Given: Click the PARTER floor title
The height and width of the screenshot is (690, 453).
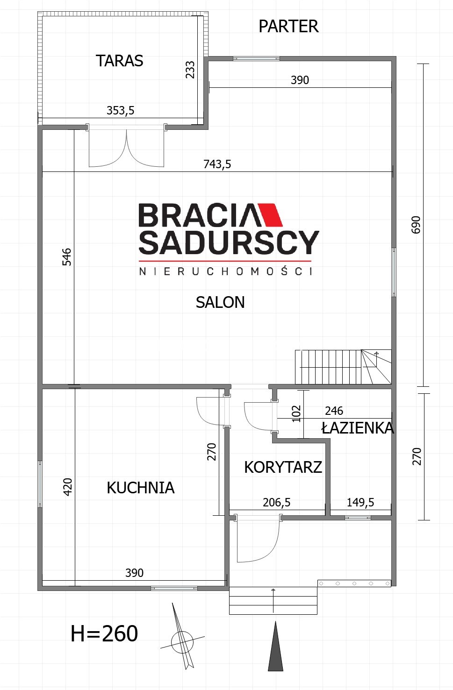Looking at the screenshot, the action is (288, 26).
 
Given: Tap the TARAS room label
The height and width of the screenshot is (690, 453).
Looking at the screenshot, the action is (120, 61).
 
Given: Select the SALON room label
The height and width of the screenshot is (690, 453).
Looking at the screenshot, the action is (220, 302).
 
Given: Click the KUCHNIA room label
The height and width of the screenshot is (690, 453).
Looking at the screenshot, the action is (141, 488).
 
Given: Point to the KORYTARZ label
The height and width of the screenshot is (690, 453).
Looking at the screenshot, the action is (283, 467).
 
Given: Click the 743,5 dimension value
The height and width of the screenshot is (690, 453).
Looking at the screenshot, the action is (217, 164).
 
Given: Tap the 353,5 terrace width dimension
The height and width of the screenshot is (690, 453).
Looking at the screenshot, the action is (121, 110).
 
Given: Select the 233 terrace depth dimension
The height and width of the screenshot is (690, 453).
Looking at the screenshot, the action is (190, 70).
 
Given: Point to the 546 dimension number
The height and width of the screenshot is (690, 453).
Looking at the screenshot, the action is (67, 257).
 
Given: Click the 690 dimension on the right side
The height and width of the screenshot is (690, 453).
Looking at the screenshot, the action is (416, 225).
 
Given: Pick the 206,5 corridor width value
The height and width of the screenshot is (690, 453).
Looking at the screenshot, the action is (276, 502).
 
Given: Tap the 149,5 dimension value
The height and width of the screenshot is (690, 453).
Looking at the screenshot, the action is (360, 502).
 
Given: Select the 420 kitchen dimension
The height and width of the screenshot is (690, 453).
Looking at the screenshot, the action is (67, 487).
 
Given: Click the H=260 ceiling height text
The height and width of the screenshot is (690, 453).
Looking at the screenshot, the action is (104, 633).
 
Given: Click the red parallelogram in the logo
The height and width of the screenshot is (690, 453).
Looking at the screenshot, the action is (270, 215).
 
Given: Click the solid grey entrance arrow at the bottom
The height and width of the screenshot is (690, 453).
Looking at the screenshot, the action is (275, 646).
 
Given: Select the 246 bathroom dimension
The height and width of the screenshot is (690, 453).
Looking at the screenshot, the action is (334, 411).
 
